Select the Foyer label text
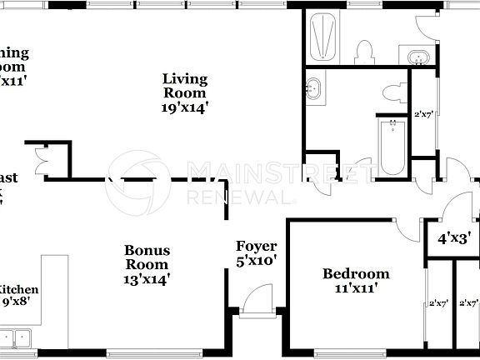point(256,247)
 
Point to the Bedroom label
point(356,273)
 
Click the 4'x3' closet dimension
point(454,237)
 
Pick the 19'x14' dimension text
point(184,107)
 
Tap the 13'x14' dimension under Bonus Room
point(147,279)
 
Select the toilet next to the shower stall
point(362,52)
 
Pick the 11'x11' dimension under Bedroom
point(356,288)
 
